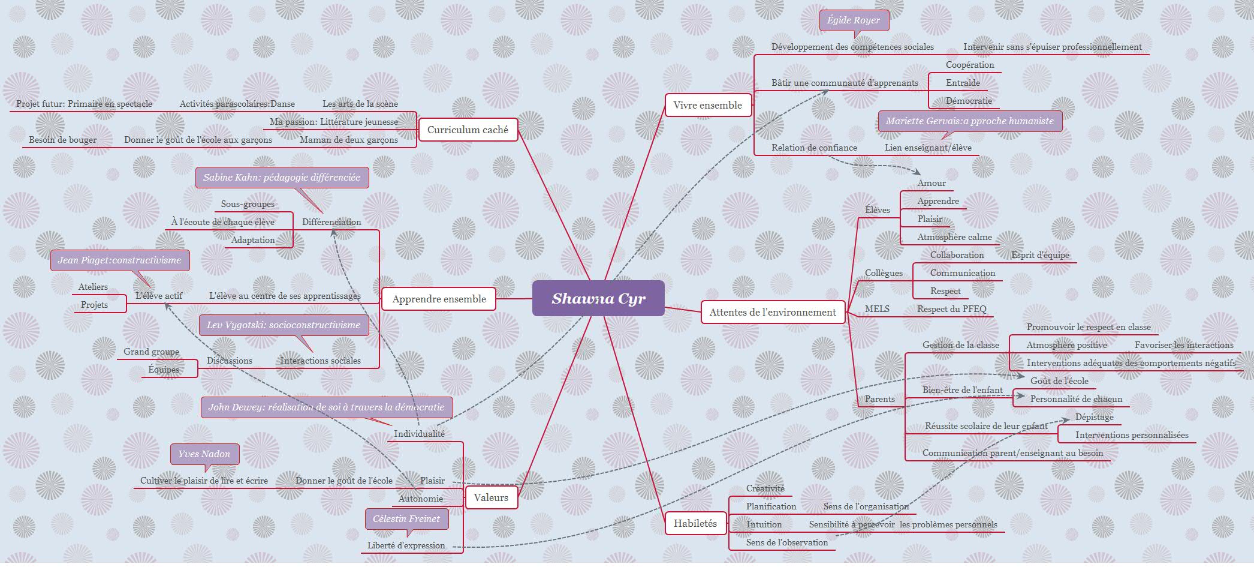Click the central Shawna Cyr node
[x=598, y=298]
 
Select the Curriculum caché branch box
[x=468, y=130]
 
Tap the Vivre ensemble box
[x=707, y=105]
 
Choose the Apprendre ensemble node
[x=439, y=299]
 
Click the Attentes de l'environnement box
[x=772, y=312]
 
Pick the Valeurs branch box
[x=490, y=497]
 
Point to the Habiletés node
[x=695, y=523]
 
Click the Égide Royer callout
[x=854, y=20]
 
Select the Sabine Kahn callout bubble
[x=282, y=178]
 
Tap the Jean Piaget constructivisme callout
[x=119, y=260]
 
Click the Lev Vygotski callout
[x=284, y=325]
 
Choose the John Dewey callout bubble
[x=326, y=407]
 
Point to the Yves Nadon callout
[x=204, y=454]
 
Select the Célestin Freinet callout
[x=406, y=519]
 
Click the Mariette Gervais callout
[x=969, y=121]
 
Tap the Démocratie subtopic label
[x=969, y=101]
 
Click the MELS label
[x=877, y=309]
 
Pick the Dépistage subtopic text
[x=1094, y=417]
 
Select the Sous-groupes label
[x=248, y=204]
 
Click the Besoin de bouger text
[x=63, y=140]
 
